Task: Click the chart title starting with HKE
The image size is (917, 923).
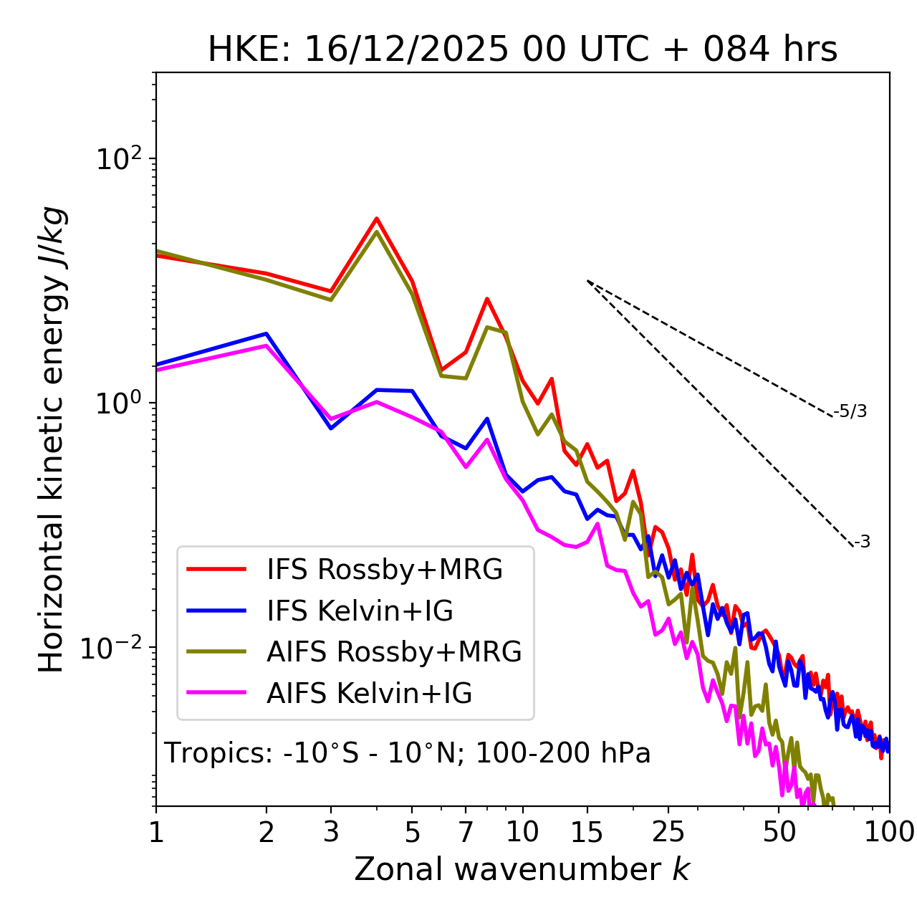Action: (522, 50)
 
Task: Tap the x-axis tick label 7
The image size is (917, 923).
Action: (466, 832)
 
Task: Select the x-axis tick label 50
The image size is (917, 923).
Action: (779, 832)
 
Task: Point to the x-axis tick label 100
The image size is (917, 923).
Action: (889, 832)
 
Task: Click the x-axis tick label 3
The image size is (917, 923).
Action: (331, 832)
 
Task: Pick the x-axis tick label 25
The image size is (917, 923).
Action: (668, 832)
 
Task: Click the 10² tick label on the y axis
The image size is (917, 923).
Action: (120, 159)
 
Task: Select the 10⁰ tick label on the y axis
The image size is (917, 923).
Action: (120, 403)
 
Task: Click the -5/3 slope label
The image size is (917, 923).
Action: (850, 412)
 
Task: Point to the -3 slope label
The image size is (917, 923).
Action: (863, 542)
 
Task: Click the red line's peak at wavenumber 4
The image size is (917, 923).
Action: (377, 219)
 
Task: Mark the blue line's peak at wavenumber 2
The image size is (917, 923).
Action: (267, 333)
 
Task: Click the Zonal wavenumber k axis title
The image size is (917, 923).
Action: (522, 869)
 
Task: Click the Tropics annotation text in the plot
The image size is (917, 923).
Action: (408, 754)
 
